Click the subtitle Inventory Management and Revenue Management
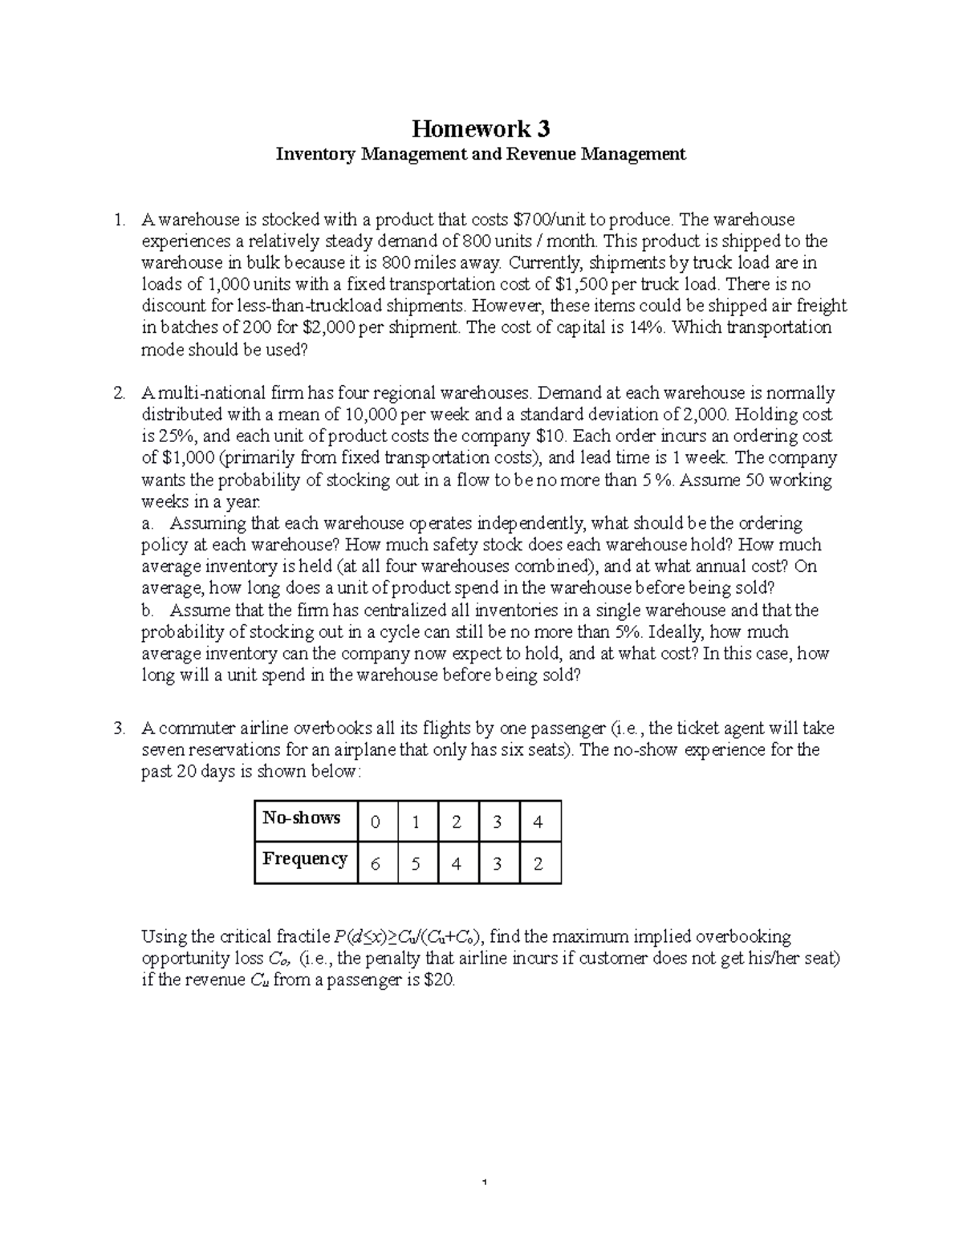[481, 154]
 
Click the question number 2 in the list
[119, 393]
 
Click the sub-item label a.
[146, 524]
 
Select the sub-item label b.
[147, 611]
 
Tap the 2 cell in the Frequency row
[538, 863]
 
